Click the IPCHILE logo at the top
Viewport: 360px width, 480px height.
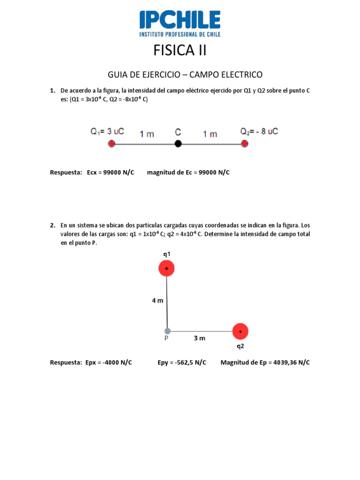(180, 24)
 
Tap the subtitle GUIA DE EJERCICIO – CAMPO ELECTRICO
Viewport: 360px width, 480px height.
(185, 75)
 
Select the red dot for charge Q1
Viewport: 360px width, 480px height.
(111, 144)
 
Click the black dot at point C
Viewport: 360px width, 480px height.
(178, 144)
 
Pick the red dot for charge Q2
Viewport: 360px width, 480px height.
(244, 144)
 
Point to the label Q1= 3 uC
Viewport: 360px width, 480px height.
(107, 132)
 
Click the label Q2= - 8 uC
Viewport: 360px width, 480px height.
(259, 131)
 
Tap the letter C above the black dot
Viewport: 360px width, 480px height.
(178, 133)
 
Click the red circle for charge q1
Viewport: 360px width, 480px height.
(166, 269)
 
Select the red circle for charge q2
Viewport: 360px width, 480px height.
(240, 331)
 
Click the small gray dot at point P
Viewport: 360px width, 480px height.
(167, 331)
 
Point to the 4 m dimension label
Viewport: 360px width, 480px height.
(157, 300)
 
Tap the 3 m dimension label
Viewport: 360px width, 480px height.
(200, 337)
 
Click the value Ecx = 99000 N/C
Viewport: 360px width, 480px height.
(111, 172)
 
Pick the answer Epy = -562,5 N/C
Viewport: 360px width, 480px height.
(182, 362)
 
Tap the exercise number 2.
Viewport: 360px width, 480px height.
(52, 225)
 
